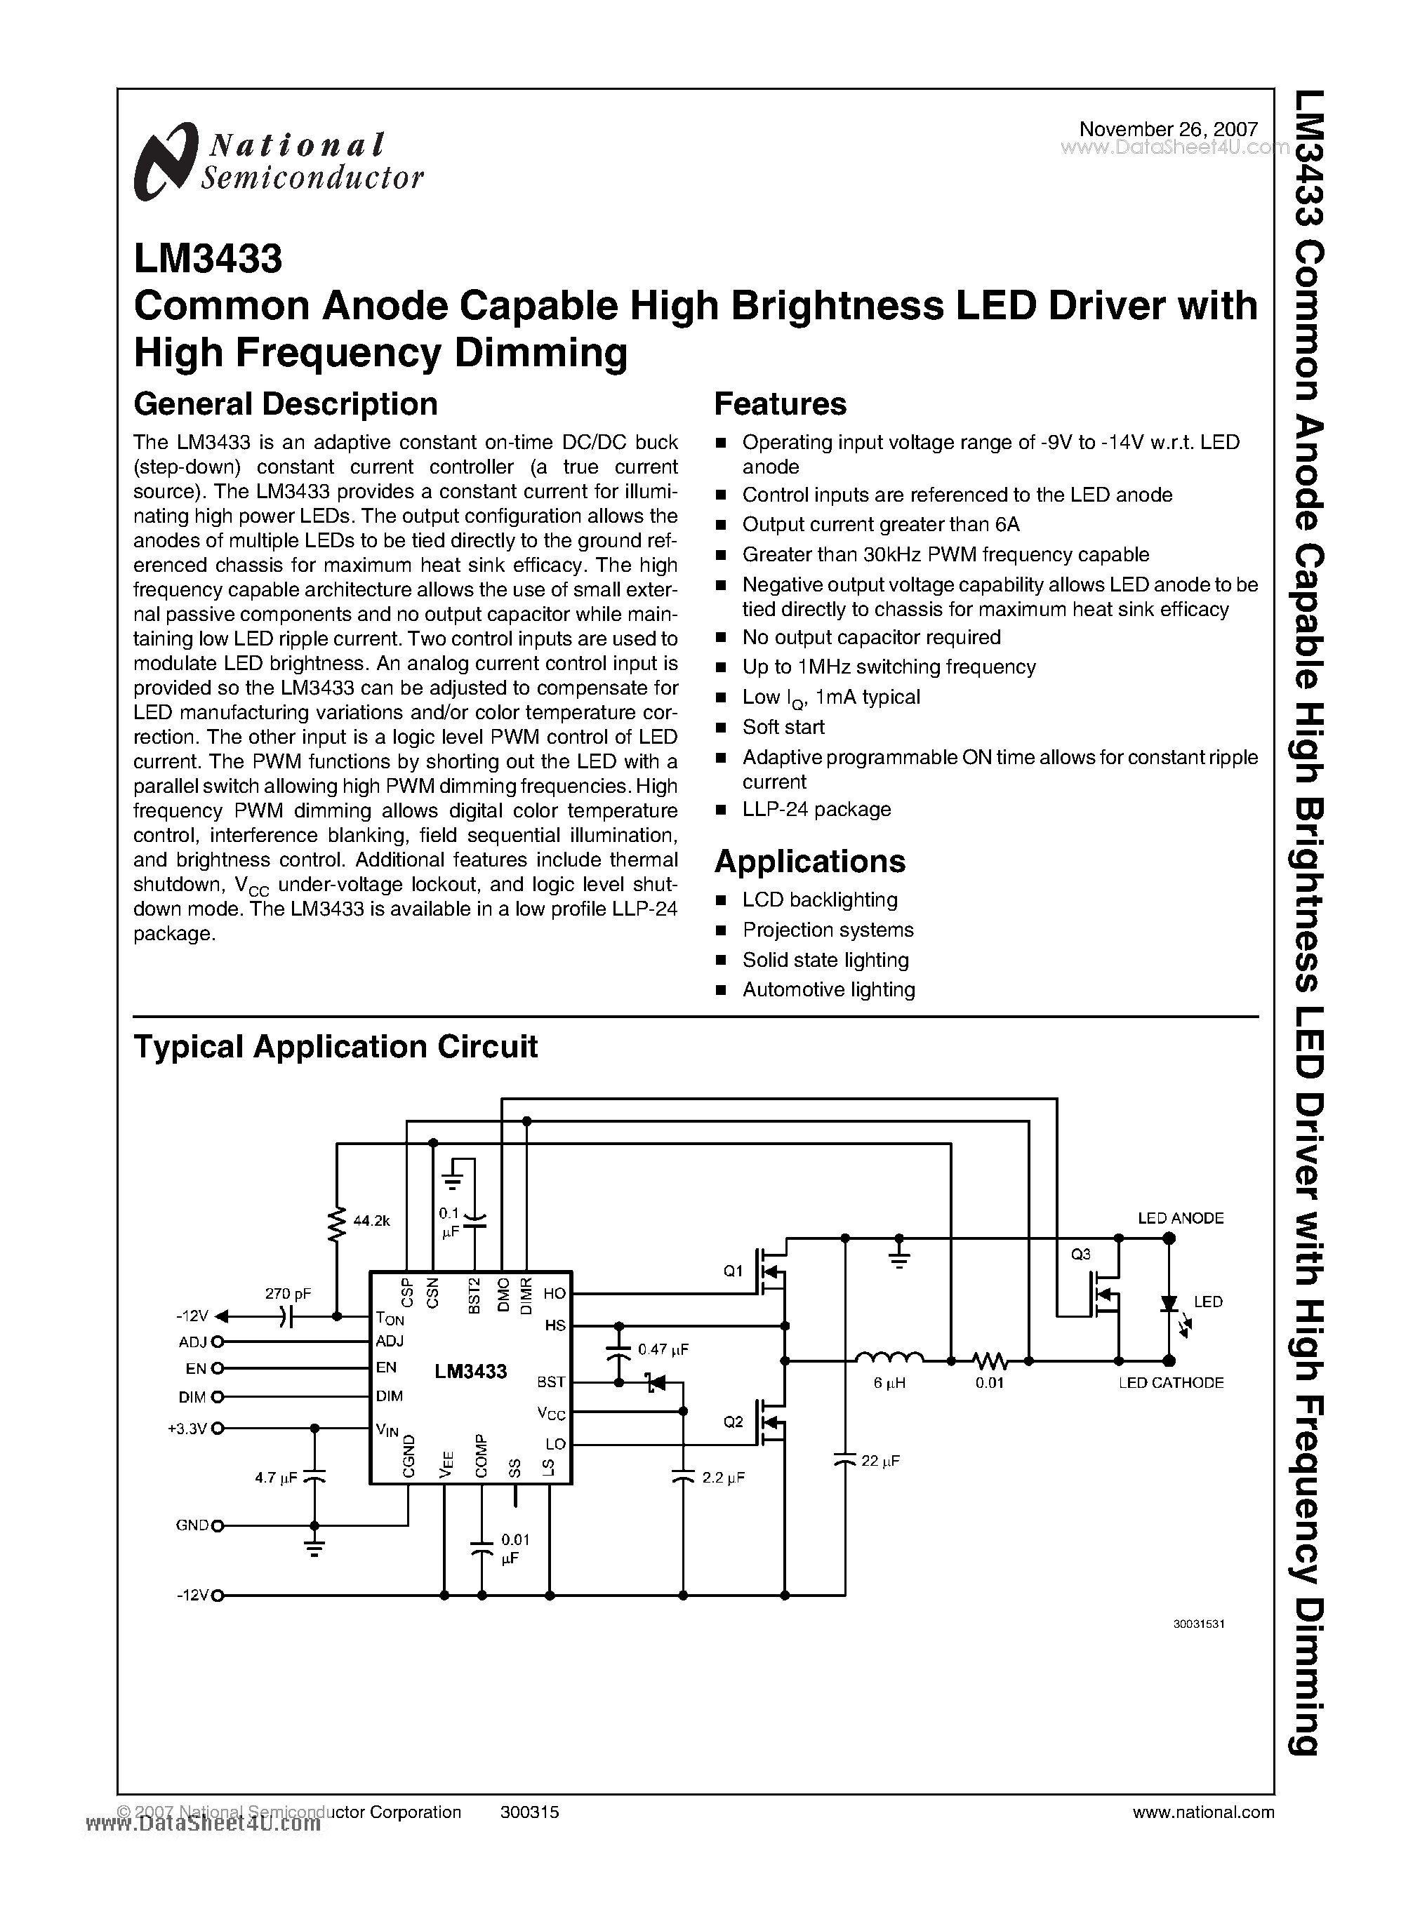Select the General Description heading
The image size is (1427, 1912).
285,404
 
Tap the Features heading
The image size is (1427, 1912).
780,404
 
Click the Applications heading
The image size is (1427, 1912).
809,861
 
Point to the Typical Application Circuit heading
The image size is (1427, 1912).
335,1047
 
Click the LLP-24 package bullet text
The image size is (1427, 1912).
816,809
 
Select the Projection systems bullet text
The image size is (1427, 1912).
828,930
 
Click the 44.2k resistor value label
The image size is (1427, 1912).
372,1221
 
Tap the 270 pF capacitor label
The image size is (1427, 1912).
288,1294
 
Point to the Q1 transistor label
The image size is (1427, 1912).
733,1271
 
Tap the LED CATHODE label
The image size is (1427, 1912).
1171,1383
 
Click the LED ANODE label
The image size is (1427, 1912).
1180,1219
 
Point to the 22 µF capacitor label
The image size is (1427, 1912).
880,1462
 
